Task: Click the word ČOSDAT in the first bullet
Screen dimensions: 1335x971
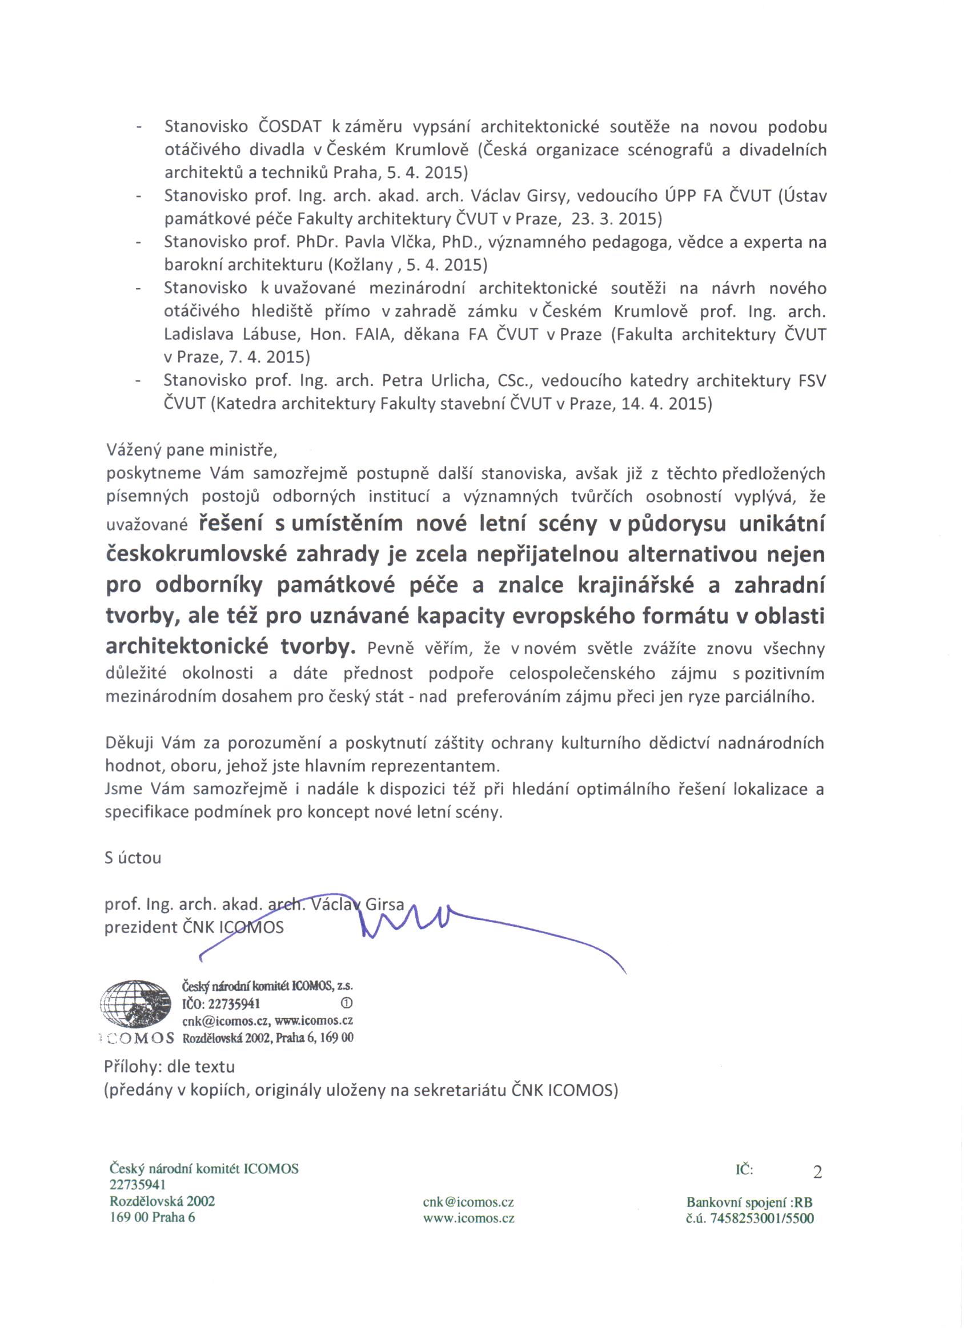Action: coord(290,127)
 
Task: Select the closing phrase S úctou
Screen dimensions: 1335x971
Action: coord(133,858)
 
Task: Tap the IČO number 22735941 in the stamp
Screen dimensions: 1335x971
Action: coord(235,1003)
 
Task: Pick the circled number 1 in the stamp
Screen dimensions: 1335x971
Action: coord(346,1002)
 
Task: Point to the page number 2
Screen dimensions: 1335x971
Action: coord(817,1172)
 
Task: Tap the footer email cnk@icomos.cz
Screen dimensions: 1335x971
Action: coord(469,1202)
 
